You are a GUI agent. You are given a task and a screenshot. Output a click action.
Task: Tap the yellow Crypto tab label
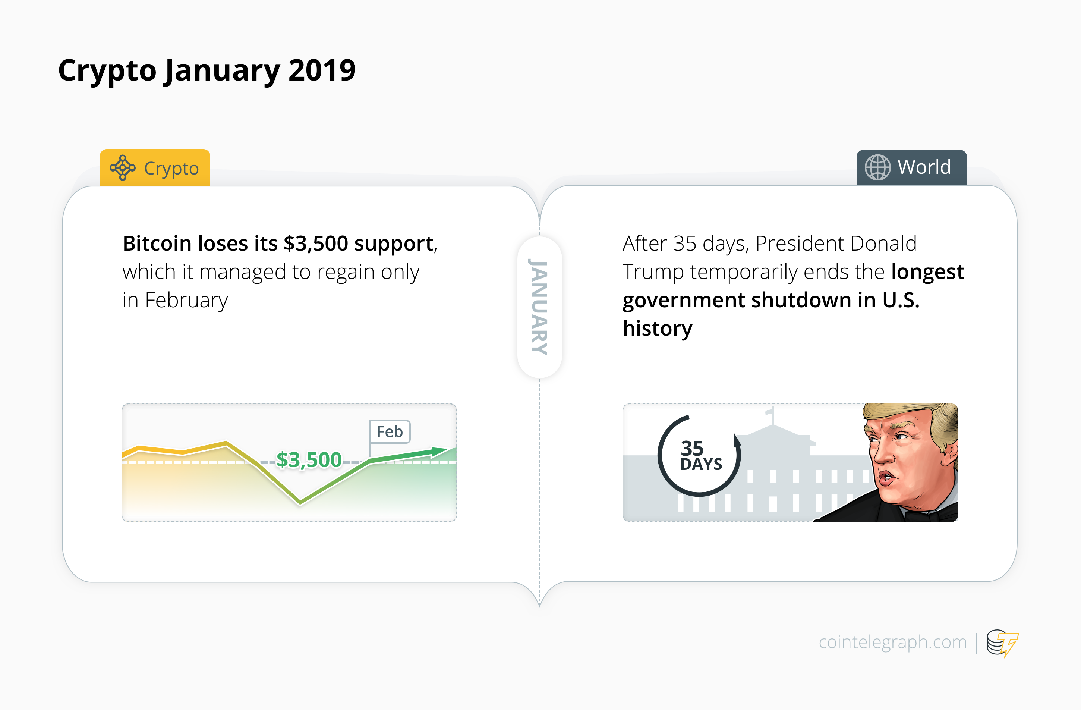coord(171,169)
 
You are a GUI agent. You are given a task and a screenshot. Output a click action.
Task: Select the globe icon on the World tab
coord(877,167)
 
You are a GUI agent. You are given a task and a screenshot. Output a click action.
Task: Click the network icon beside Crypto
coord(122,168)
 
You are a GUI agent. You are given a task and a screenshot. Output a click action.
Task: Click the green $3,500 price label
coord(309,460)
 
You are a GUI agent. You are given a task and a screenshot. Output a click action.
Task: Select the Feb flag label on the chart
coord(390,431)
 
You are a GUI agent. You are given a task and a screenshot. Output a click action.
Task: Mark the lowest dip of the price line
coord(300,502)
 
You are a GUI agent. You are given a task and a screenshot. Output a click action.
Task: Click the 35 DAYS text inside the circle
coord(699,456)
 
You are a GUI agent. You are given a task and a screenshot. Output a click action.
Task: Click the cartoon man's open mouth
coord(886,478)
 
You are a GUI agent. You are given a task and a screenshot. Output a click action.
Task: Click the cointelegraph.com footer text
coord(892,642)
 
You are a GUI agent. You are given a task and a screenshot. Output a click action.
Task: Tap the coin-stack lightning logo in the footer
coord(1002,643)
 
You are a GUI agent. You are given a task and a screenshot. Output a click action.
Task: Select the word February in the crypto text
coord(186,300)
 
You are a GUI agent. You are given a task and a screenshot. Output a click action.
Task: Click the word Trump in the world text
coord(653,272)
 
